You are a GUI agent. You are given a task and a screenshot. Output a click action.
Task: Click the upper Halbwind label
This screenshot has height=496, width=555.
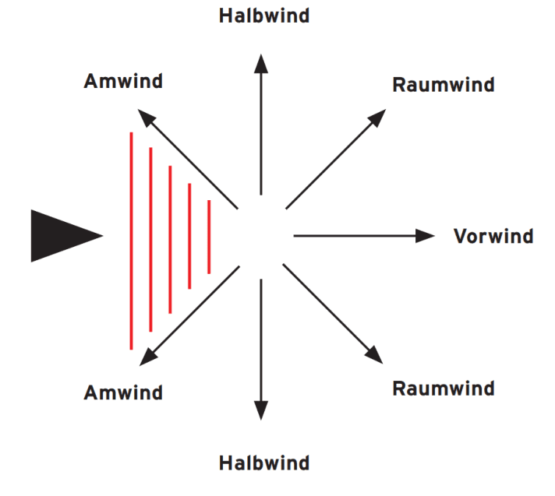pyautogui.click(x=263, y=16)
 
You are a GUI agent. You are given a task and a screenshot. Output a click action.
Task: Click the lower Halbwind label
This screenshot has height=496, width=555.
pyautogui.click(x=263, y=463)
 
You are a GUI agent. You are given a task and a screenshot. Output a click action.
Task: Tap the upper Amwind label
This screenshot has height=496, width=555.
pyautogui.click(x=123, y=81)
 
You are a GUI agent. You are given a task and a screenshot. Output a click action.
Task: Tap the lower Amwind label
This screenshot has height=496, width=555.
pyautogui.click(x=123, y=392)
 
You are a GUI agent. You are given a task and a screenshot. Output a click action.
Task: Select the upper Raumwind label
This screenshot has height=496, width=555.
pyautogui.click(x=443, y=85)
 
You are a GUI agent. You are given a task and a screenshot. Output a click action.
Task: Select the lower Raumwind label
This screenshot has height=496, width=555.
pyautogui.click(x=443, y=388)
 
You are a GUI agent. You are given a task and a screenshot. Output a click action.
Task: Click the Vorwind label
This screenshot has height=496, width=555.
pyautogui.click(x=493, y=236)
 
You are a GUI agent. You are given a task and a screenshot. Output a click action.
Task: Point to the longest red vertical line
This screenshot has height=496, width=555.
pyautogui.click(x=131, y=241)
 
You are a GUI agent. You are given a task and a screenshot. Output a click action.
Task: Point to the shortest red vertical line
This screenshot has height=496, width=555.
pyautogui.click(x=209, y=237)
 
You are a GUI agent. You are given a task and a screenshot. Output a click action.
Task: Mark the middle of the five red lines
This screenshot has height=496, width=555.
pyautogui.click(x=170, y=237)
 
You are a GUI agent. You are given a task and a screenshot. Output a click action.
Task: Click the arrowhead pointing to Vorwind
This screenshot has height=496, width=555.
pyautogui.click(x=426, y=235)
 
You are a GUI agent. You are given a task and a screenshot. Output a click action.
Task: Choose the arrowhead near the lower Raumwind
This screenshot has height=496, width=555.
pyautogui.click(x=377, y=355)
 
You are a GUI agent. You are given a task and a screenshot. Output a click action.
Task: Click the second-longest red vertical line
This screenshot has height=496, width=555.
pyautogui.click(x=150, y=239)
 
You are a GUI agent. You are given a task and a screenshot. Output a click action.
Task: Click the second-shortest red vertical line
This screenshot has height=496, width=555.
pyautogui.click(x=189, y=237)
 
